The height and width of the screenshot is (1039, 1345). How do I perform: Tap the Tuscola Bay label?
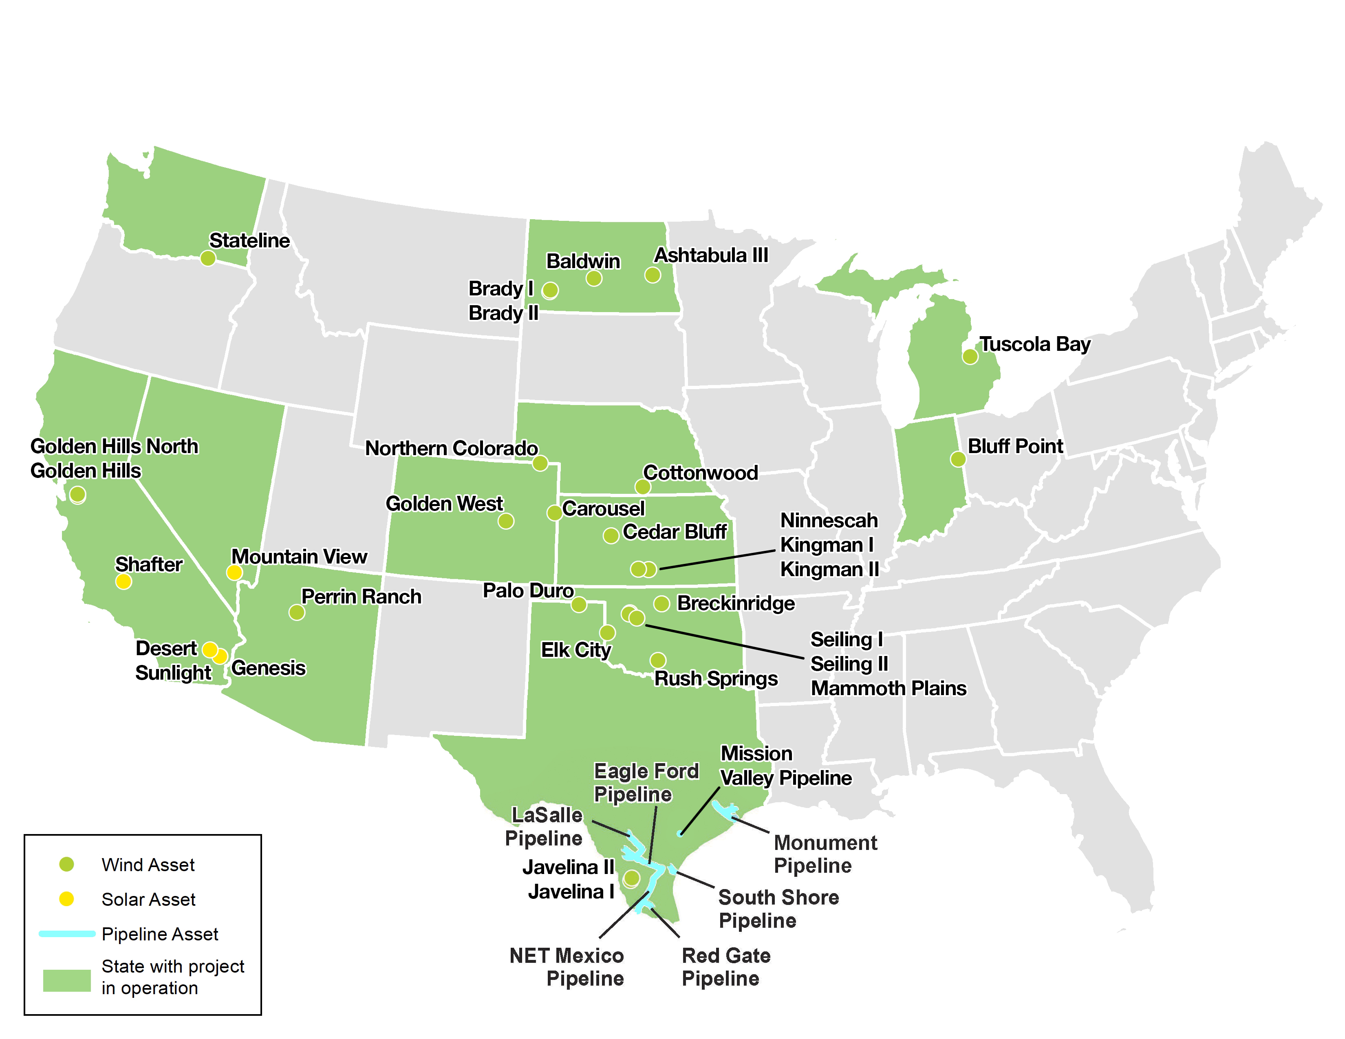[x=1034, y=344]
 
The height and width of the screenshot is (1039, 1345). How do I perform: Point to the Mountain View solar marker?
[x=234, y=572]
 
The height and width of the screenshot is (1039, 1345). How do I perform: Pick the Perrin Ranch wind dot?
[x=297, y=612]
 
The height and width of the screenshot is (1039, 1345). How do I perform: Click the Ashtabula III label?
[x=711, y=255]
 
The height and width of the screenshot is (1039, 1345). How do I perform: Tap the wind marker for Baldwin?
[x=594, y=278]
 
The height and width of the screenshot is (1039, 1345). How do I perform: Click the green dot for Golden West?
[x=506, y=522]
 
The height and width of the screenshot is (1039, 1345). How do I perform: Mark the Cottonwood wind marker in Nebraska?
[x=643, y=487]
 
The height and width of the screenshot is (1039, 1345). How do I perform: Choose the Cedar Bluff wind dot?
[x=611, y=535]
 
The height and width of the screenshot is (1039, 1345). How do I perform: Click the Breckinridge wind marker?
[x=661, y=604]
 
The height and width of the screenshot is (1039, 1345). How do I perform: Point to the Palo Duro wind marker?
[x=579, y=604]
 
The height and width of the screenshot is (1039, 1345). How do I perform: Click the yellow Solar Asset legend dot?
[x=66, y=899]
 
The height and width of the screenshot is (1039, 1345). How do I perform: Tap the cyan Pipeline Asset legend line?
[x=66, y=934]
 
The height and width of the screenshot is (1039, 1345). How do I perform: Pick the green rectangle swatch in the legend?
[x=66, y=980]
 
